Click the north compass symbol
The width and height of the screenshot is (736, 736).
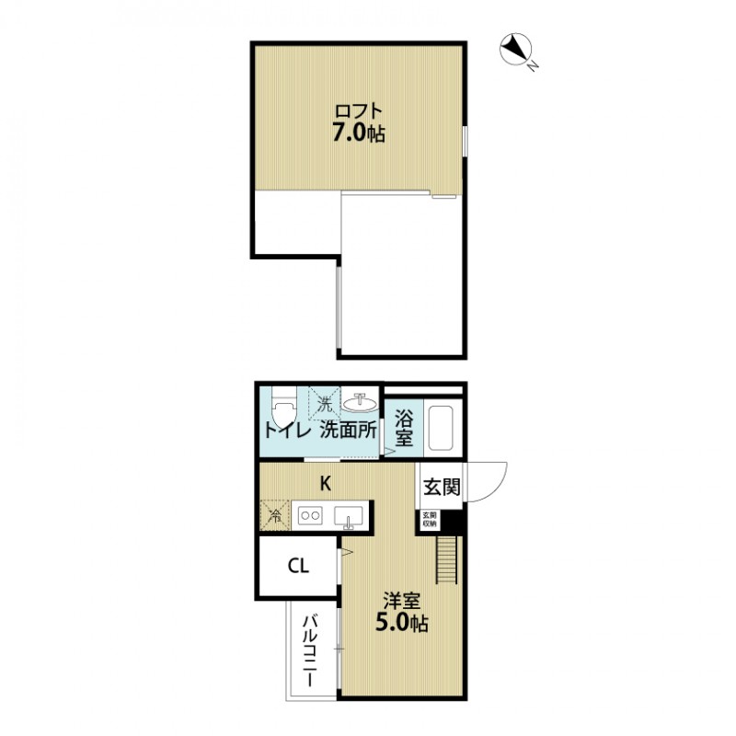click(x=516, y=49)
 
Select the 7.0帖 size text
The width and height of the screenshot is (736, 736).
click(x=358, y=134)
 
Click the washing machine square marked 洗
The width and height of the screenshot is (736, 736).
click(x=324, y=403)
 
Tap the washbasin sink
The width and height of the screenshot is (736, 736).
click(x=360, y=402)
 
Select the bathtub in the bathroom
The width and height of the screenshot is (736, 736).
click(x=443, y=427)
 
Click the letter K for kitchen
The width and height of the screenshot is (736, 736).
click(x=325, y=482)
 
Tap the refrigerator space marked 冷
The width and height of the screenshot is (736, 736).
click(x=275, y=515)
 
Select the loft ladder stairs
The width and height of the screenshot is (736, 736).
click(x=446, y=558)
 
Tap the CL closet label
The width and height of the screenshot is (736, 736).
click(x=298, y=566)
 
